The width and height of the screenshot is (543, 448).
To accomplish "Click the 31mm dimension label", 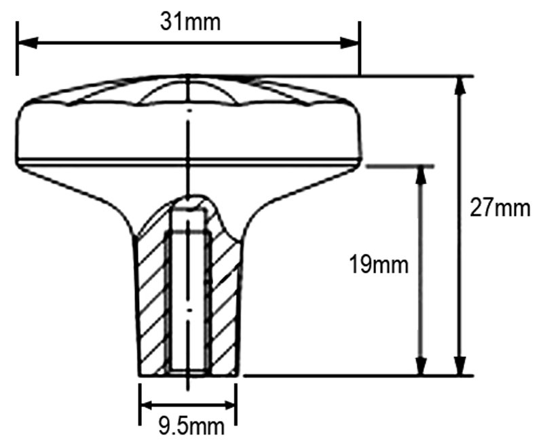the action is [x=190, y=22].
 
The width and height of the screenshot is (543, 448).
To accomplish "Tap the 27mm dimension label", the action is [x=500, y=208].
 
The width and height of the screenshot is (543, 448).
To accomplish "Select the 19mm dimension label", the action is [x=379, y=265].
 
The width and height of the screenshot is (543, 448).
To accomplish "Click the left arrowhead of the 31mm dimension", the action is [x=27, y=43].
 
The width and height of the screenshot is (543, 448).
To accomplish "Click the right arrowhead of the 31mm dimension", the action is [x=350, y=43].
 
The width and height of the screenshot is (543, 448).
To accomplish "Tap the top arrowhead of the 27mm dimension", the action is [x=460, y=86].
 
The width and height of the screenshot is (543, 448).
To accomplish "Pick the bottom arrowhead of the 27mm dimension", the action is [x=460, y=366].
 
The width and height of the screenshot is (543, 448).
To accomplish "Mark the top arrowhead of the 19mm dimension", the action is [x=420, y=176].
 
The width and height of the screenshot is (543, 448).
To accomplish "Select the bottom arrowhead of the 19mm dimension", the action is [x=420, y=366].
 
